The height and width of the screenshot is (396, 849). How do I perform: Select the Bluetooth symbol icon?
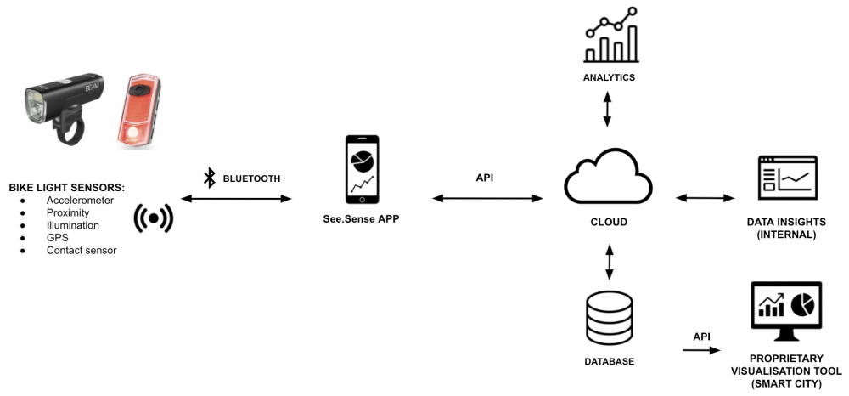point(209,178)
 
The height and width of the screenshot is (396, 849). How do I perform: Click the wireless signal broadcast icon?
point(154,218)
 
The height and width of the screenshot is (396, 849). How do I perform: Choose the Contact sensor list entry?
point(82,251)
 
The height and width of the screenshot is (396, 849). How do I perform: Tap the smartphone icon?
point(363,169)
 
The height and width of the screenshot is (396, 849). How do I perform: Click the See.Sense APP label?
point(363,220)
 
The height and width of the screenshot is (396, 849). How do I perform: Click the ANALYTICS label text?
point(609,77)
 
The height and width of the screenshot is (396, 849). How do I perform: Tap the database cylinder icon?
point(609,318)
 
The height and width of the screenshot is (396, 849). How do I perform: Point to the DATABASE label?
point(609,361)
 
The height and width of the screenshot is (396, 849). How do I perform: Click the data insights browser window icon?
point(788,178)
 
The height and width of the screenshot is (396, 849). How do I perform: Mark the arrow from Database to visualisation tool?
point(701,349)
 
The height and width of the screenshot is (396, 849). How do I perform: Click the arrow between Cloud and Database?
point(609,263)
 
